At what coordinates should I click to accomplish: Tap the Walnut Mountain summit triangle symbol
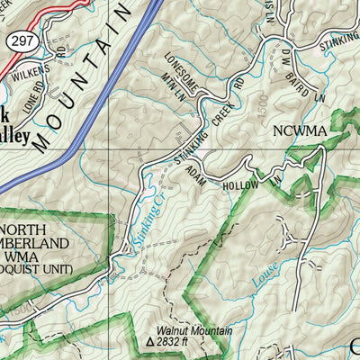[150, 343]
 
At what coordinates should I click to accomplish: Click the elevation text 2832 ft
[179, 343]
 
